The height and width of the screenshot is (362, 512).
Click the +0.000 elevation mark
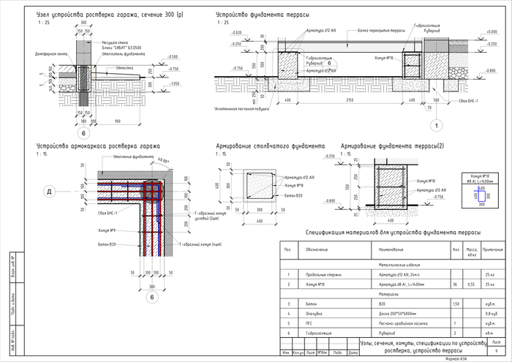coord(236,34)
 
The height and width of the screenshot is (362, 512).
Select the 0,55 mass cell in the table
coord(472,284)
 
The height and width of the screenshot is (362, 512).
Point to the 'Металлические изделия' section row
coord(397,265)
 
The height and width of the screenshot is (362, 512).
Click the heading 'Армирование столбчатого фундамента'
coord(271,146)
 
